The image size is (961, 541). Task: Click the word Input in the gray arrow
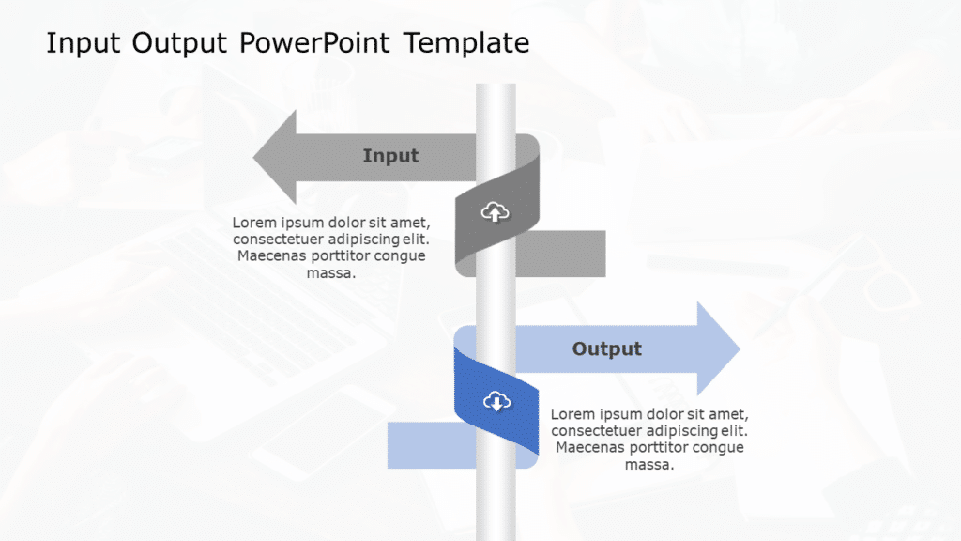click(x=390, y=156)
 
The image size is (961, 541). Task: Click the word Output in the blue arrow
click(x=607, y=349)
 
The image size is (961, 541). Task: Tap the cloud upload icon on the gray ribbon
click(x=495, y=213)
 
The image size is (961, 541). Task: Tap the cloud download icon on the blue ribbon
click(x=495, y=402)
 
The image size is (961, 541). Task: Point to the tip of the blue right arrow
click(x=738, y=349)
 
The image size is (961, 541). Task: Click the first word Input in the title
click(x=84, y=43)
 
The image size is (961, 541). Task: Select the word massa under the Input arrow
click(x=330, y=273)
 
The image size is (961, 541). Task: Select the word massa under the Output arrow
click(x=649, y=464)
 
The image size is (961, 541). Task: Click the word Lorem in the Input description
click(x=254, y=223)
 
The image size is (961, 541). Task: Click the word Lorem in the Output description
click(x=572, y=414)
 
